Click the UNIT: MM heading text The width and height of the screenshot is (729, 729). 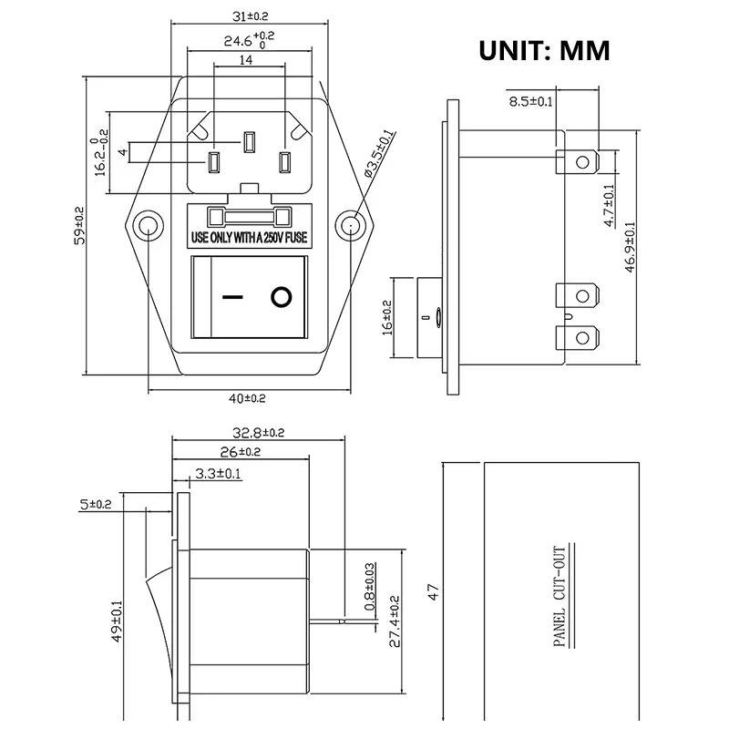pyautogui.click(x=544, y=50)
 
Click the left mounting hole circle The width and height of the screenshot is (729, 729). pyautogui.click(x=147, y=226)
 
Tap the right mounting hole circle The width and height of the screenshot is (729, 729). pyautogui.click(x=349, y=225)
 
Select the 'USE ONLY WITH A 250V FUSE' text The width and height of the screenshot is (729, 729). pyautogui.click(x=248, y=238)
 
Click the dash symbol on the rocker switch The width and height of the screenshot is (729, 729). pyautogui.click(x=233, y=297)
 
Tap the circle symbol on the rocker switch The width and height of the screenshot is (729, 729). pyautogui.click(x=282, y=297)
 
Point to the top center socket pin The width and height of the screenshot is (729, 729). pyautogui.click(x=248, y=142)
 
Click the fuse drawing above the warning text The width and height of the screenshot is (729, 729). pyautogui.click(x=248, y=217)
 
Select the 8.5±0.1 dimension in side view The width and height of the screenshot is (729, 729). pyautogui.click(x=531, y=101)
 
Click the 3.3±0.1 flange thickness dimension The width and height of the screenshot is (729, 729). pyautogui.click(x=217, y=473)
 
